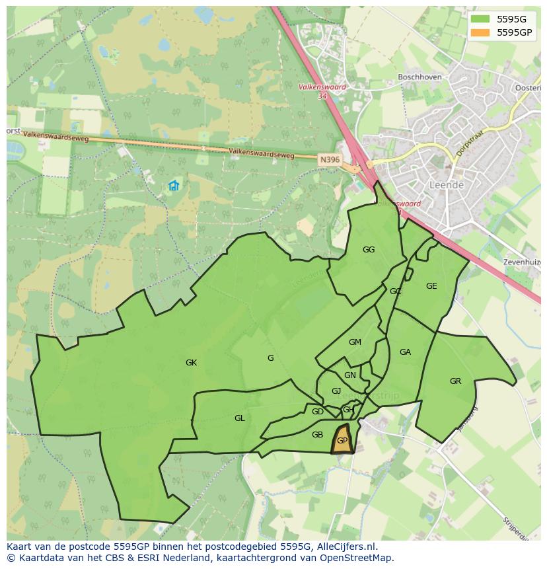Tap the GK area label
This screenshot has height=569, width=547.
click(x=191, y=363)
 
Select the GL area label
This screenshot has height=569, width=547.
click(x=239, y=418)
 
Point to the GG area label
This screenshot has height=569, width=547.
click(x=369, y=250)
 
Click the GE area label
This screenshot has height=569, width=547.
click(x=431, y=286)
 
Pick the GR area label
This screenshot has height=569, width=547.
click(x=455, y=381)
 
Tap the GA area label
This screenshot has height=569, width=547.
click(x=405, y=352)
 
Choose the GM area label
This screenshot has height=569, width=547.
click(x=355, y=342)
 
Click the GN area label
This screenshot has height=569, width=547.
click(x=350, y=375)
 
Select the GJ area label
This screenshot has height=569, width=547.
click(x=336, y=391)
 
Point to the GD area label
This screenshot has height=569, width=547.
click(x=318, y=412)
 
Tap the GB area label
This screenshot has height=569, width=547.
click(x=317, y=435)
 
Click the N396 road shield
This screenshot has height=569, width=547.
click(x=328, y=160)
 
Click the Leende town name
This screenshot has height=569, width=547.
click(x=447, y=185)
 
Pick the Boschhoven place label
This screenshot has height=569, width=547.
click(x=419, y=77)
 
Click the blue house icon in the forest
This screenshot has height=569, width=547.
click(x=174, y=186)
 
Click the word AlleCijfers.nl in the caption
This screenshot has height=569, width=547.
click(x=346, y=547)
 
